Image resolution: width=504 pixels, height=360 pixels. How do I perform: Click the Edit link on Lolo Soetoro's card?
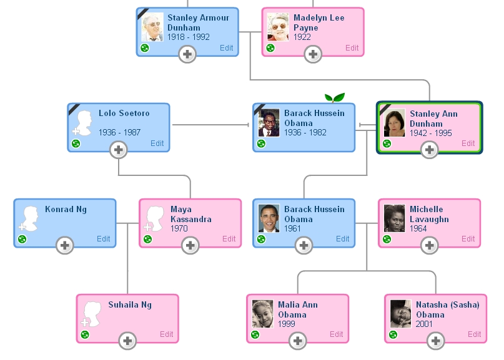[157, 144]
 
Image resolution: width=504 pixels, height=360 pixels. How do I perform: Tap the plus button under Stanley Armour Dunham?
[187, 55]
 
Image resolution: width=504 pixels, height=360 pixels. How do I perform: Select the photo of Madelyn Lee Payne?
[278, 27]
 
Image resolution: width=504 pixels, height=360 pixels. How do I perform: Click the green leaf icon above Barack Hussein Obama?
[335, 97]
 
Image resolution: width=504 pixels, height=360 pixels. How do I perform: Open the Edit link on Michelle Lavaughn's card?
[468, 239]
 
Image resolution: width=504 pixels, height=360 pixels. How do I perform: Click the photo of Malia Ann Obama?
[263, 314]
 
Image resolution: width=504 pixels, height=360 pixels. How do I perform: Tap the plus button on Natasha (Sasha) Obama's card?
[436, 341]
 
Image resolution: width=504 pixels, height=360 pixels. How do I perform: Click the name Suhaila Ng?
[130, 305]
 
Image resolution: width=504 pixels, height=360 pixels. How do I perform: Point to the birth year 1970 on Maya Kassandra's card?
[179, 229]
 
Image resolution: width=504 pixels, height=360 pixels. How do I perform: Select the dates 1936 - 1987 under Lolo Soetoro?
[119, 133]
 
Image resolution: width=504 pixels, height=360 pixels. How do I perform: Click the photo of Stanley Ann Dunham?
[395, 124]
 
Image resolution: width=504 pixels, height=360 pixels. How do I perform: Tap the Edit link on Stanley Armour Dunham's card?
[226, 48]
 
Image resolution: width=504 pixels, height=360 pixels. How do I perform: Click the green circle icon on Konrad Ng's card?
[22, 239]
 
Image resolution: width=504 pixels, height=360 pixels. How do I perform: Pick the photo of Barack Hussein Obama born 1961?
[269, 218]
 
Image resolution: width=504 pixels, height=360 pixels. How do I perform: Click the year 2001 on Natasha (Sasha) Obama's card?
[425, 324]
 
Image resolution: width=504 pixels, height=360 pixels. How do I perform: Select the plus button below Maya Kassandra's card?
[190, 246]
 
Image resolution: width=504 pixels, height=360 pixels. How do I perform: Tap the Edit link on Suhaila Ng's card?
[166, 334]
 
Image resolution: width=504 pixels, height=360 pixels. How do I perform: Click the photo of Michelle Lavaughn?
[395, 218]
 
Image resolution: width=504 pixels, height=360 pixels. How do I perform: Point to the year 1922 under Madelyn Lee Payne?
[302, 37]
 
